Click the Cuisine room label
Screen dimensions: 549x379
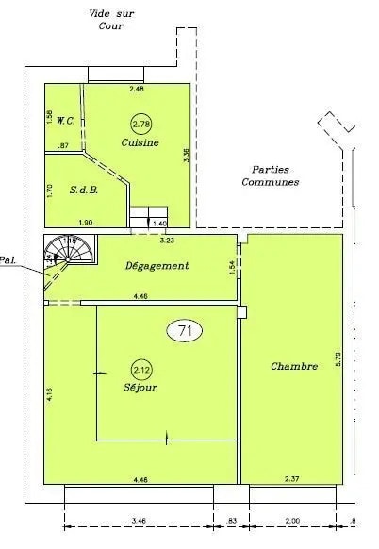140,143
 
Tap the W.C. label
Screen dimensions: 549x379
66,121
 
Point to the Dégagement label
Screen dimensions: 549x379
157,266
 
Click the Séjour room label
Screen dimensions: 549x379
140,388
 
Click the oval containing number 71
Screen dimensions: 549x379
184,330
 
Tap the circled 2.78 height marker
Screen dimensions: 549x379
140,124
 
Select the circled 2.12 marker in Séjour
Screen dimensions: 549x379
141,369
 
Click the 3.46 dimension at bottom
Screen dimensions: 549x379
139,521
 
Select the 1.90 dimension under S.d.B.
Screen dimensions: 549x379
84,222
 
